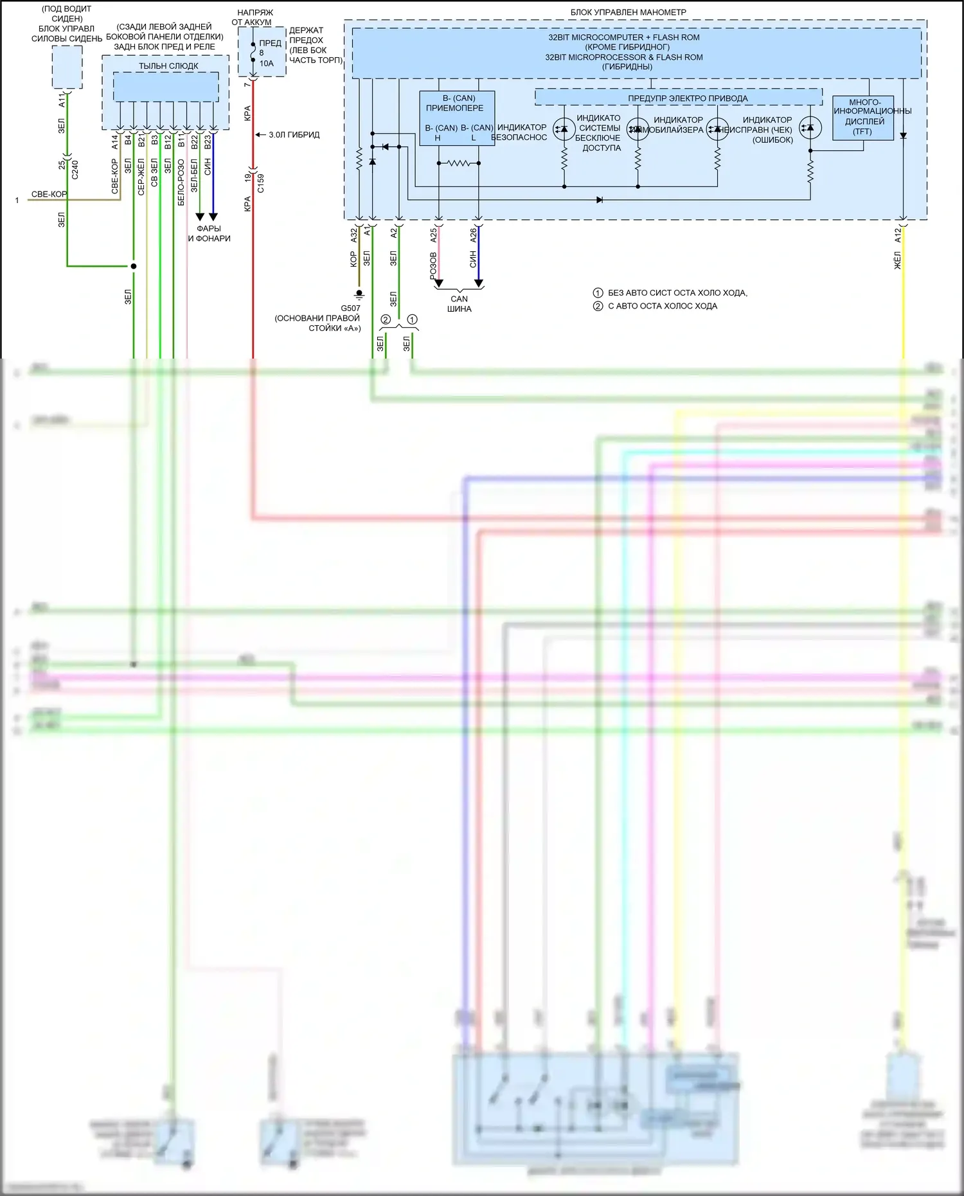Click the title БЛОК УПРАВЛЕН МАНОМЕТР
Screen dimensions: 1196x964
pos(628,12)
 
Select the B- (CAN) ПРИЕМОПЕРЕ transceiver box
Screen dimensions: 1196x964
pos(456,118)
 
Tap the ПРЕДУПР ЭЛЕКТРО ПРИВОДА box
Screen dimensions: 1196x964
pos(678,98)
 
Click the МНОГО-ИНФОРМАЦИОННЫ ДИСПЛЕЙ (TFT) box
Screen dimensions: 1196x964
pos(862,117)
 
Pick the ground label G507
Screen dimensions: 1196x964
pos(350,308)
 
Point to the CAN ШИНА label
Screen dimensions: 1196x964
pos(459,304)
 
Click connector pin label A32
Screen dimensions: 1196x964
pos(353,235)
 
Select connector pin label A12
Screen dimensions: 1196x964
pos(898,235)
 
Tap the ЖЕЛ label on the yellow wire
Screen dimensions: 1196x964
pos(898,260)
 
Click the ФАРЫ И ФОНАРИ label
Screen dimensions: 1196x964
pos(209,233)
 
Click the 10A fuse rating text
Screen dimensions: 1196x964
pos(266,64)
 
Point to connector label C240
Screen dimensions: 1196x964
pos(75,170)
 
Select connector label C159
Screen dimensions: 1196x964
pos(261,183)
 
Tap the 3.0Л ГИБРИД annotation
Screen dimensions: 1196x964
pos(294,135)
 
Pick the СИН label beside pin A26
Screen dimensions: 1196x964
pos(473,260)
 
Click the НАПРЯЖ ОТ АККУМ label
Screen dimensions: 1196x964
pos(253,17)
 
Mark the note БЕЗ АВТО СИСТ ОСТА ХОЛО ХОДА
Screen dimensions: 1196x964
pos(677,293)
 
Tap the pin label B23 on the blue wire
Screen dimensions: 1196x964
pos(208,142)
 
